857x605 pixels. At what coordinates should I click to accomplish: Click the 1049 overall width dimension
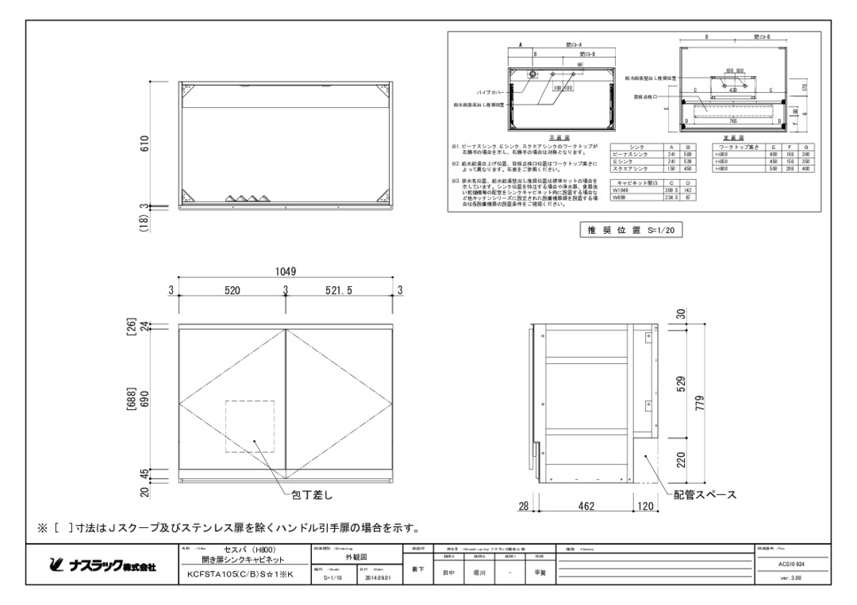point(286,271)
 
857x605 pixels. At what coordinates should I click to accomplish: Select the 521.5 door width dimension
point(342,291)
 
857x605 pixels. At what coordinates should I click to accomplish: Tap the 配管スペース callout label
point(705,495)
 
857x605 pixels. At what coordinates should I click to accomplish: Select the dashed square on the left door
point(251,427)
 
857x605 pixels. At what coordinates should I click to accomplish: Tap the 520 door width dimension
point(232,291)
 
